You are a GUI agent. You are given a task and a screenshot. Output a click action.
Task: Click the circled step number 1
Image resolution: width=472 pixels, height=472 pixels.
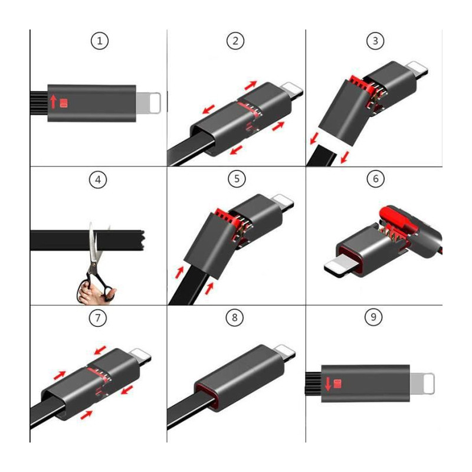tap(100, 41)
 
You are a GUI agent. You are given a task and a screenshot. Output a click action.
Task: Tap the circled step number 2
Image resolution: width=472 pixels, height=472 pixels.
tap(235, 41)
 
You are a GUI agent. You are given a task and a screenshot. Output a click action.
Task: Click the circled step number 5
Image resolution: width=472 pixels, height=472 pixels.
tap(236, 179)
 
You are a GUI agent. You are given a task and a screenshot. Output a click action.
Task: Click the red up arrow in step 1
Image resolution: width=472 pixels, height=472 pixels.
tap(54, 101)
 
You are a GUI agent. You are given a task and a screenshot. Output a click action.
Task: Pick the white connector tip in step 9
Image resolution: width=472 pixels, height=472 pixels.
tap(423, 384)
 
